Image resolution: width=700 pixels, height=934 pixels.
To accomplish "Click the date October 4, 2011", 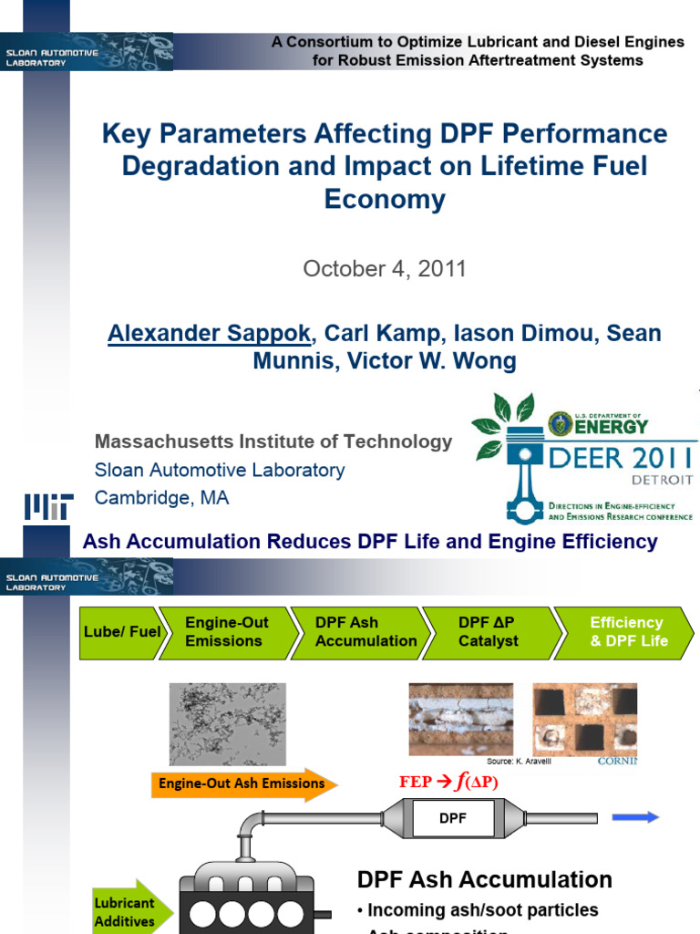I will coord(385,269).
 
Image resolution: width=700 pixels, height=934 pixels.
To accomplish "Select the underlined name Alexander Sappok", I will coord(210,333).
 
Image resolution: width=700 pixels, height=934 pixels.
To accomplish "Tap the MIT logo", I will coord(48,506).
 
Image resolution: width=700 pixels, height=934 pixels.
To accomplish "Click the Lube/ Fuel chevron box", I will coord(122,631).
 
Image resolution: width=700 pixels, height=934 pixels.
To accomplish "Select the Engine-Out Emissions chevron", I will coord(228,631).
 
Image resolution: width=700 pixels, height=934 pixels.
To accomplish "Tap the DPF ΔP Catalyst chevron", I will coord(489,631).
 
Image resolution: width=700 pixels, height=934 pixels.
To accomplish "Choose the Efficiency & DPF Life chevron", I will coord(628,631).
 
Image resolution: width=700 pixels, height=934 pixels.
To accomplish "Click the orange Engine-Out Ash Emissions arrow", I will coord(243,784).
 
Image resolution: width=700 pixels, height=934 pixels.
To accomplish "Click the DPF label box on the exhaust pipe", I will coord(453,818).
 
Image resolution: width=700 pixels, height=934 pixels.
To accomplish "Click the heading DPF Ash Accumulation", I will coord(484,879).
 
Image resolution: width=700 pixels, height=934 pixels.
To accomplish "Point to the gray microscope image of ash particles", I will coord(227,724).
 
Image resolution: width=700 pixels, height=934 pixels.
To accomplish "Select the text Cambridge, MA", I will coord(162,498).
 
